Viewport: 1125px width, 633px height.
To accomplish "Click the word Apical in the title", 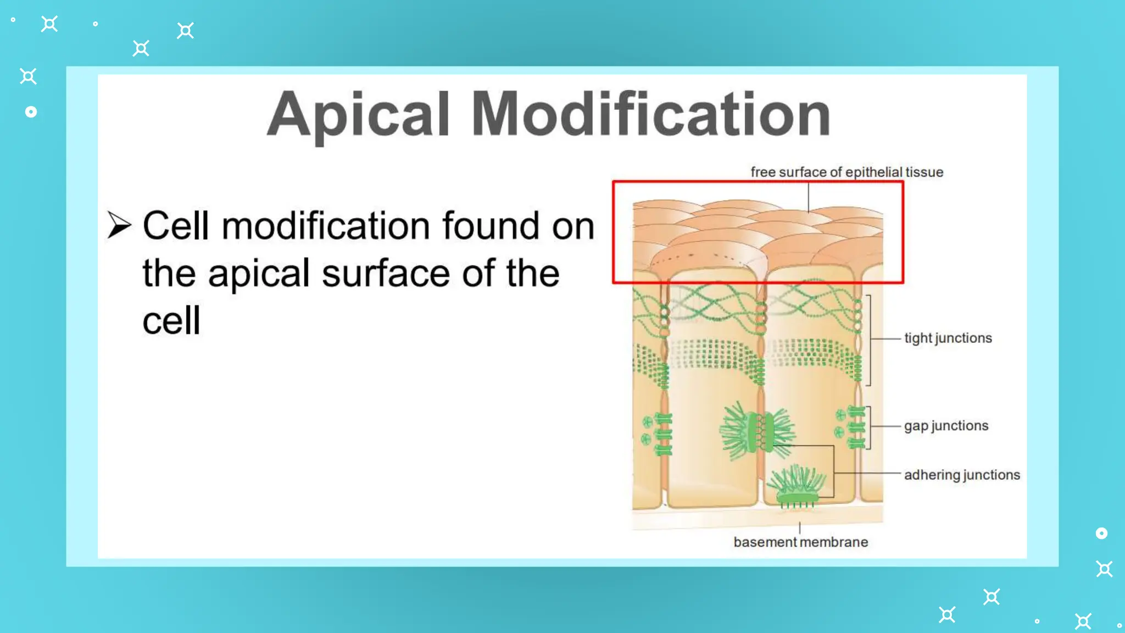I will coord(358,114).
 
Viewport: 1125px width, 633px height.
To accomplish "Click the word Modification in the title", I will coord(651,114).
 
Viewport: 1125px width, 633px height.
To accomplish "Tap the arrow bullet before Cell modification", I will coord(119,225).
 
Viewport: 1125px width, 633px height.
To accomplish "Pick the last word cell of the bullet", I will coord(171,321).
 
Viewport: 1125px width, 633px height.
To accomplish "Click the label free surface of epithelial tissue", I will coord(846,172).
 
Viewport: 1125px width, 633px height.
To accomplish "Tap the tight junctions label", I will coord(948,338).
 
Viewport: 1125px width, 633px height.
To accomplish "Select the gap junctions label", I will coord(946,426).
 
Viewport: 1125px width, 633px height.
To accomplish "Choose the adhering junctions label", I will coord(962,475).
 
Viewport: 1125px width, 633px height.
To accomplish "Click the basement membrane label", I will coord(801,542).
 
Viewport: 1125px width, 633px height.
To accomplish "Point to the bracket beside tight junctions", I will coord(869,340).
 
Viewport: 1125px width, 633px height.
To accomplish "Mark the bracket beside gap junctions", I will coord(868,427).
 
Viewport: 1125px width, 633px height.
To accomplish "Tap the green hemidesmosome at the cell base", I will coord(797,486).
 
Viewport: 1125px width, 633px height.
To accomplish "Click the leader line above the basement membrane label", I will coord(800,528).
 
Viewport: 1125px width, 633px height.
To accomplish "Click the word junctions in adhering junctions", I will coord(991,475).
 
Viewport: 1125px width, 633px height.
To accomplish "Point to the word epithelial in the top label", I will coord(874,172).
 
